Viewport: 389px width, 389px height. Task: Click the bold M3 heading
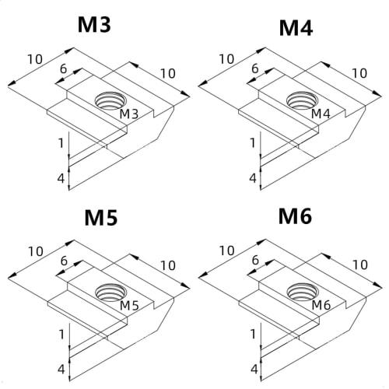click(94, 24)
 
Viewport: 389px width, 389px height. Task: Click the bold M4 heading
click(296, 29)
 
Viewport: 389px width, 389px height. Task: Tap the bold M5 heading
click(100, 218)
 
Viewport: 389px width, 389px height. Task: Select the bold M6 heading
click(295, 216)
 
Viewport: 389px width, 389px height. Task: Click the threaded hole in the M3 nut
click(106, 101)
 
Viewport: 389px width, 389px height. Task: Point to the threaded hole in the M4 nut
click(300, 100)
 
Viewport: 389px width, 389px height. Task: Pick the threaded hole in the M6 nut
click(300, 292)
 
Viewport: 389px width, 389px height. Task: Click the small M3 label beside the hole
click(128, 115)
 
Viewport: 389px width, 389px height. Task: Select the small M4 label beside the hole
click(321, 115)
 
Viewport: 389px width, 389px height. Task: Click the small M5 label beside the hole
click(129, 307)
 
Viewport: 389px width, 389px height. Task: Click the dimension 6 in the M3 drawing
click(63, 68)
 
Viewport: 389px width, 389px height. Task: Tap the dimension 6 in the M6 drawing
click(254, 260)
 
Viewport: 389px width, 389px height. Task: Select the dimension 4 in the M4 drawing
click(252, 178)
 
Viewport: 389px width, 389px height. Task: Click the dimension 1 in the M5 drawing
click(61, 334)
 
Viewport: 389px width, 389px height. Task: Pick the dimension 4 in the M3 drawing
click(61, 178)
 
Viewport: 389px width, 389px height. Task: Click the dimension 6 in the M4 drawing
click(254, 68)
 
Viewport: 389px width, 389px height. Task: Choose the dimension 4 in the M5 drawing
click(61, 368)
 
